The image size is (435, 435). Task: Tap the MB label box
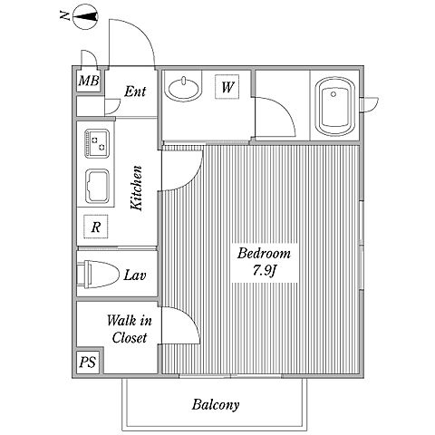click(89, 81)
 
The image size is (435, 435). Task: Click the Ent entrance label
click(135, 92)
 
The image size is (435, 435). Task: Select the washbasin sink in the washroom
click(183, 89)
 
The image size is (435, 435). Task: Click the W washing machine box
click(227, 87)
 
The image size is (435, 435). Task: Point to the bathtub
click(334, 107)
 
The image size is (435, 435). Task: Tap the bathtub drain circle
click(333, 94)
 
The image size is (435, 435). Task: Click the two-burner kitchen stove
click(97, 143)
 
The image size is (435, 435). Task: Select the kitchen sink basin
click(97, 186)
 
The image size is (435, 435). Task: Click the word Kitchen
click(136, 188)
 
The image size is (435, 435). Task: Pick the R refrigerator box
click(96, 227)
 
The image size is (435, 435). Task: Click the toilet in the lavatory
click(97, 274)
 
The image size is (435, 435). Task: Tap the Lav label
click(135, 275)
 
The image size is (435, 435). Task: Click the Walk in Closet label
click(130, 329)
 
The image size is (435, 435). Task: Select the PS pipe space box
click(88, 362)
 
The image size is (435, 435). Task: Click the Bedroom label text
click(264, 253)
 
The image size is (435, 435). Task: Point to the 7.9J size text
click(265, 270)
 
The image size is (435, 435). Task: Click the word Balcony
click(216, 405)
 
